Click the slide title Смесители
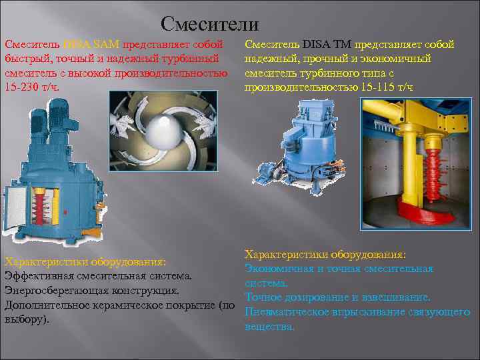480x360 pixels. coord(210,25)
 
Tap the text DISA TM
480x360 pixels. coord(327,45)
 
